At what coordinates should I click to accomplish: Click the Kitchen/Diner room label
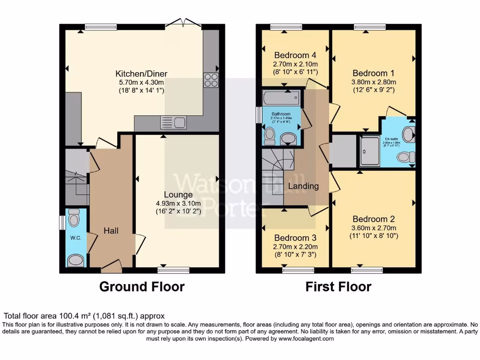141,74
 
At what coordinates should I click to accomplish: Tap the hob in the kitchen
211,81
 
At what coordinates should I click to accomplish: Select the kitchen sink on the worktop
173,123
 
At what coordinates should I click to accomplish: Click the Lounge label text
178,195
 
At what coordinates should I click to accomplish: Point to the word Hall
112,231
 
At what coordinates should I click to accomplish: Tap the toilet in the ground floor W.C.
74,218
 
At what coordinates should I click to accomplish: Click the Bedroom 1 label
373,73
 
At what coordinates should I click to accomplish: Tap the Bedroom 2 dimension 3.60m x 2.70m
374,228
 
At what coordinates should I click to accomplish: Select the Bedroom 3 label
295,238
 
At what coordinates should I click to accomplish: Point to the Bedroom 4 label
295,55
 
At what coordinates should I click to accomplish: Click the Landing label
303,186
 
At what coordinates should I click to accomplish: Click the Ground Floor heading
142,286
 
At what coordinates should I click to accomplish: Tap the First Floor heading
338,286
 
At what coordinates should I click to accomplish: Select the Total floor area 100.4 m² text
84,316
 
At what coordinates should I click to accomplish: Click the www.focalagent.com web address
306,338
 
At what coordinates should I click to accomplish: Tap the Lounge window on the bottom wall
173,270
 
